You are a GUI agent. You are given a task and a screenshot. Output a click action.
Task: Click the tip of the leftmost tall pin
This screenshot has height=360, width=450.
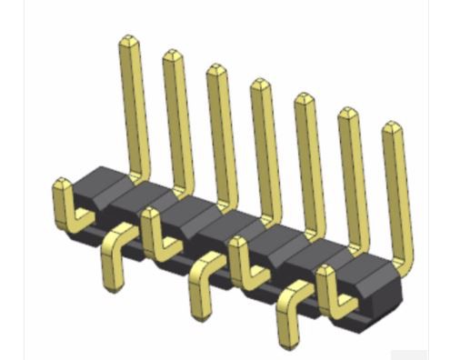[127, 41]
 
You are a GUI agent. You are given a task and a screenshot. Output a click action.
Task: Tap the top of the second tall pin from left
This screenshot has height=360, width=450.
[172, 55]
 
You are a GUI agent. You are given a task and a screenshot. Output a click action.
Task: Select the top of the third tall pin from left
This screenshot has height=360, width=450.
[215, 69]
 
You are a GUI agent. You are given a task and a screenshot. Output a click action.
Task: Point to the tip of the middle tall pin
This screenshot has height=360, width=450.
[259, 85]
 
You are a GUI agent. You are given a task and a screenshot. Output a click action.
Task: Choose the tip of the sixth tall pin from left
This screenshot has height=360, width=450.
[347, 114]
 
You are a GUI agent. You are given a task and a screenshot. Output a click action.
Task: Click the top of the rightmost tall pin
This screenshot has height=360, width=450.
[392, 128]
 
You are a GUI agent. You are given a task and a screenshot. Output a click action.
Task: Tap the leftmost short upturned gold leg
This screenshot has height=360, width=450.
[61, 195]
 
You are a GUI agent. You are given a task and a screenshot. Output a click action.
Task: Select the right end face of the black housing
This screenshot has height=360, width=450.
[386, 291]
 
